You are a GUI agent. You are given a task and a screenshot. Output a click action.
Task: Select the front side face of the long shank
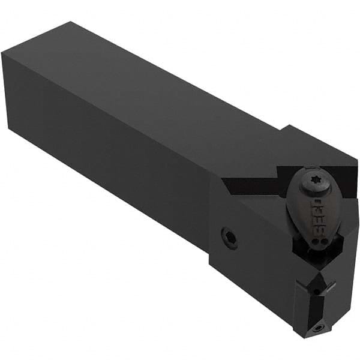click(x=108, y=156)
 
